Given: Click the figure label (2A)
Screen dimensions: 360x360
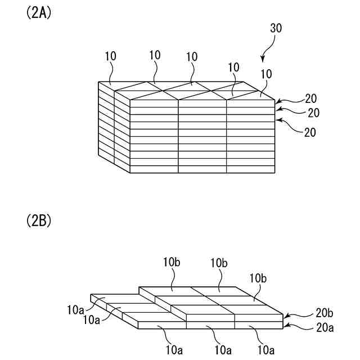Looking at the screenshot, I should coord(39,13).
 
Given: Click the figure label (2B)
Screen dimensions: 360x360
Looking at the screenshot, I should coord(39,220).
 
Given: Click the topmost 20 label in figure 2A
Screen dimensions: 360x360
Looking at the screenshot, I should coord(310,98).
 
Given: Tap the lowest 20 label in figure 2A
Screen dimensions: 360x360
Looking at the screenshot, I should coord(310,132).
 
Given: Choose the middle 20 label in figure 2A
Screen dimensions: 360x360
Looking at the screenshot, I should coord(313,112).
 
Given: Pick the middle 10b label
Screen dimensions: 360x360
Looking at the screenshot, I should coord(219,263).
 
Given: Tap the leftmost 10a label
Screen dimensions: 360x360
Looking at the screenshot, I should coord(75,309).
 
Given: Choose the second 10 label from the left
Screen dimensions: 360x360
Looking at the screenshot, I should coord(156,55).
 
